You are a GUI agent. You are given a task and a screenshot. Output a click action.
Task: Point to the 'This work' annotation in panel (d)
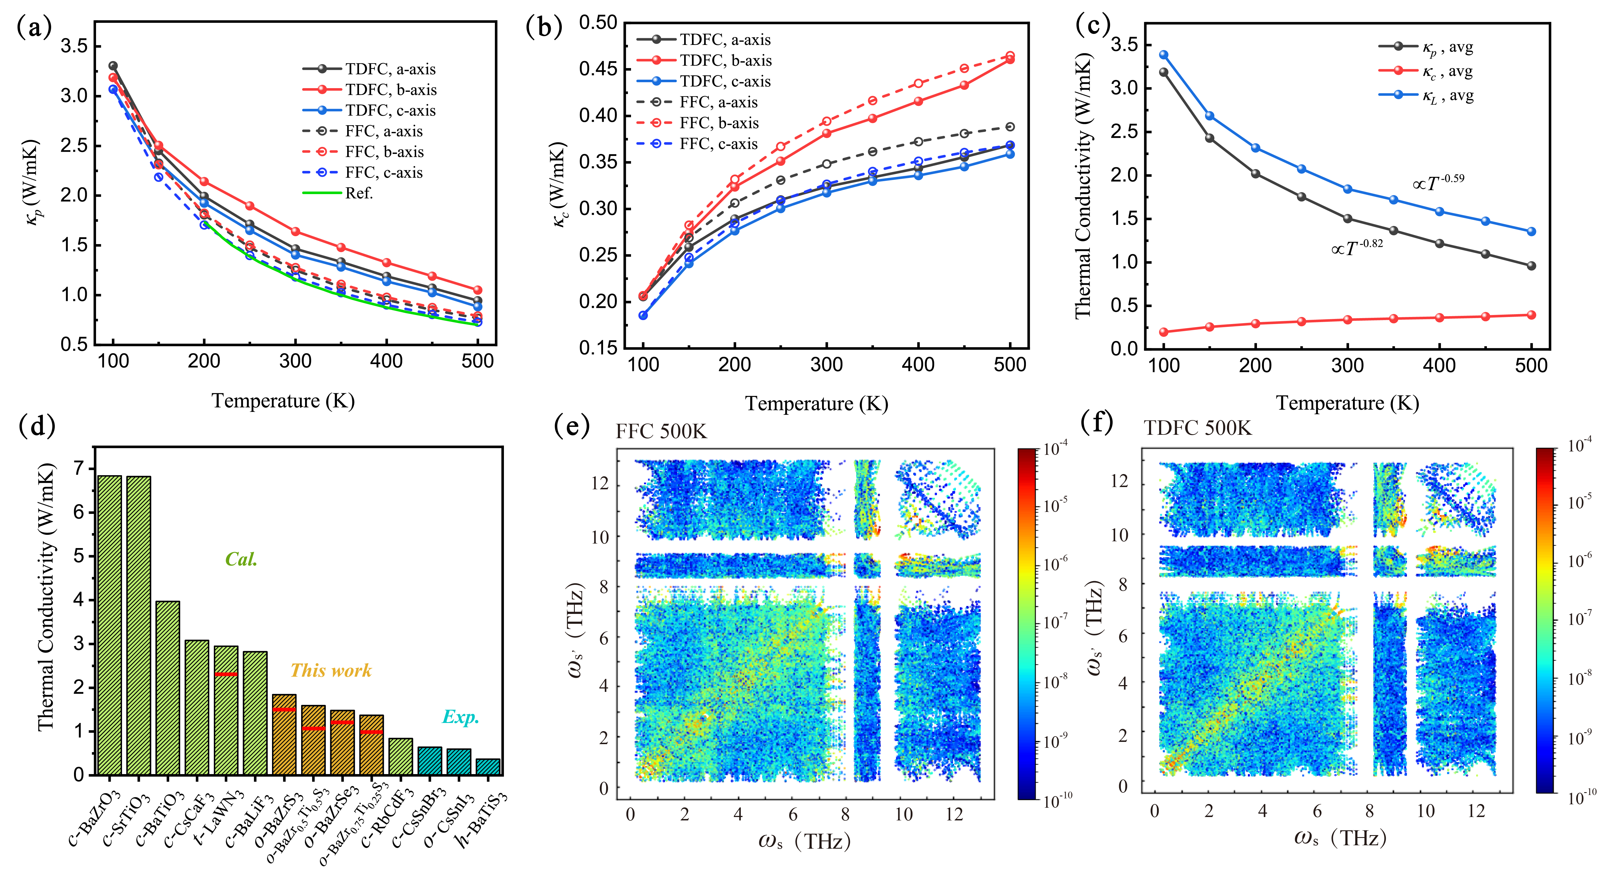coord(331,671)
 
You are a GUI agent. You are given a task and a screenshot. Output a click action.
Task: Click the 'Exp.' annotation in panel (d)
coord(460,717)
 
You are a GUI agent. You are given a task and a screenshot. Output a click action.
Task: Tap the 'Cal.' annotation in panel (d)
coord(241,559)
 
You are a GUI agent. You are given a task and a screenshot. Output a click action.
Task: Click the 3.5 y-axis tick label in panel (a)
coord(73,46)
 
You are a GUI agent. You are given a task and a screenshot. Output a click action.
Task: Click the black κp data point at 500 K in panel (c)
coord(1531,266)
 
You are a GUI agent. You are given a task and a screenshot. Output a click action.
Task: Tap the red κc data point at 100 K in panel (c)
coord(1163,332)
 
